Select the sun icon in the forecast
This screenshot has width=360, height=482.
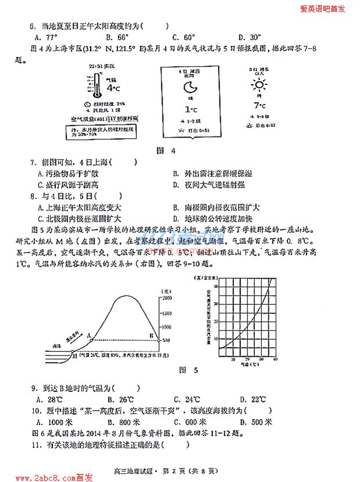(258, 86)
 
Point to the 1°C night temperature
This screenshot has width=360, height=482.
(189, 109)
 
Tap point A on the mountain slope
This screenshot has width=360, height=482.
(89, 335)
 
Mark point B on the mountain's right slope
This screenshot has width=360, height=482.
(152, 335)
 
